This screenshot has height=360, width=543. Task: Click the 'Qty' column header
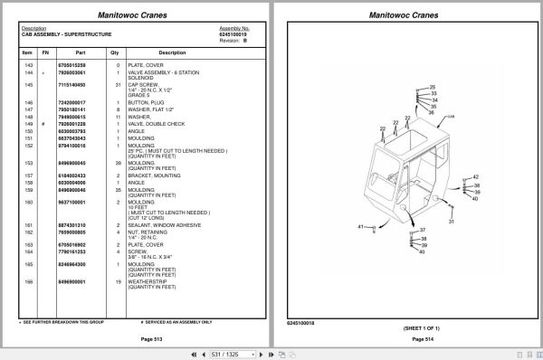point(118,52)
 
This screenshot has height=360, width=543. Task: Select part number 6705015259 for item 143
point(71,65)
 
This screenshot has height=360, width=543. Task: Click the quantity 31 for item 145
point(118,85)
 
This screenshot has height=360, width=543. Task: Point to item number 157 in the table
point(28,175)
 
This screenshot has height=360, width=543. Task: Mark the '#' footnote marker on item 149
point(44,123)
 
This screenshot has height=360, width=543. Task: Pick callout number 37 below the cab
point(421,231)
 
